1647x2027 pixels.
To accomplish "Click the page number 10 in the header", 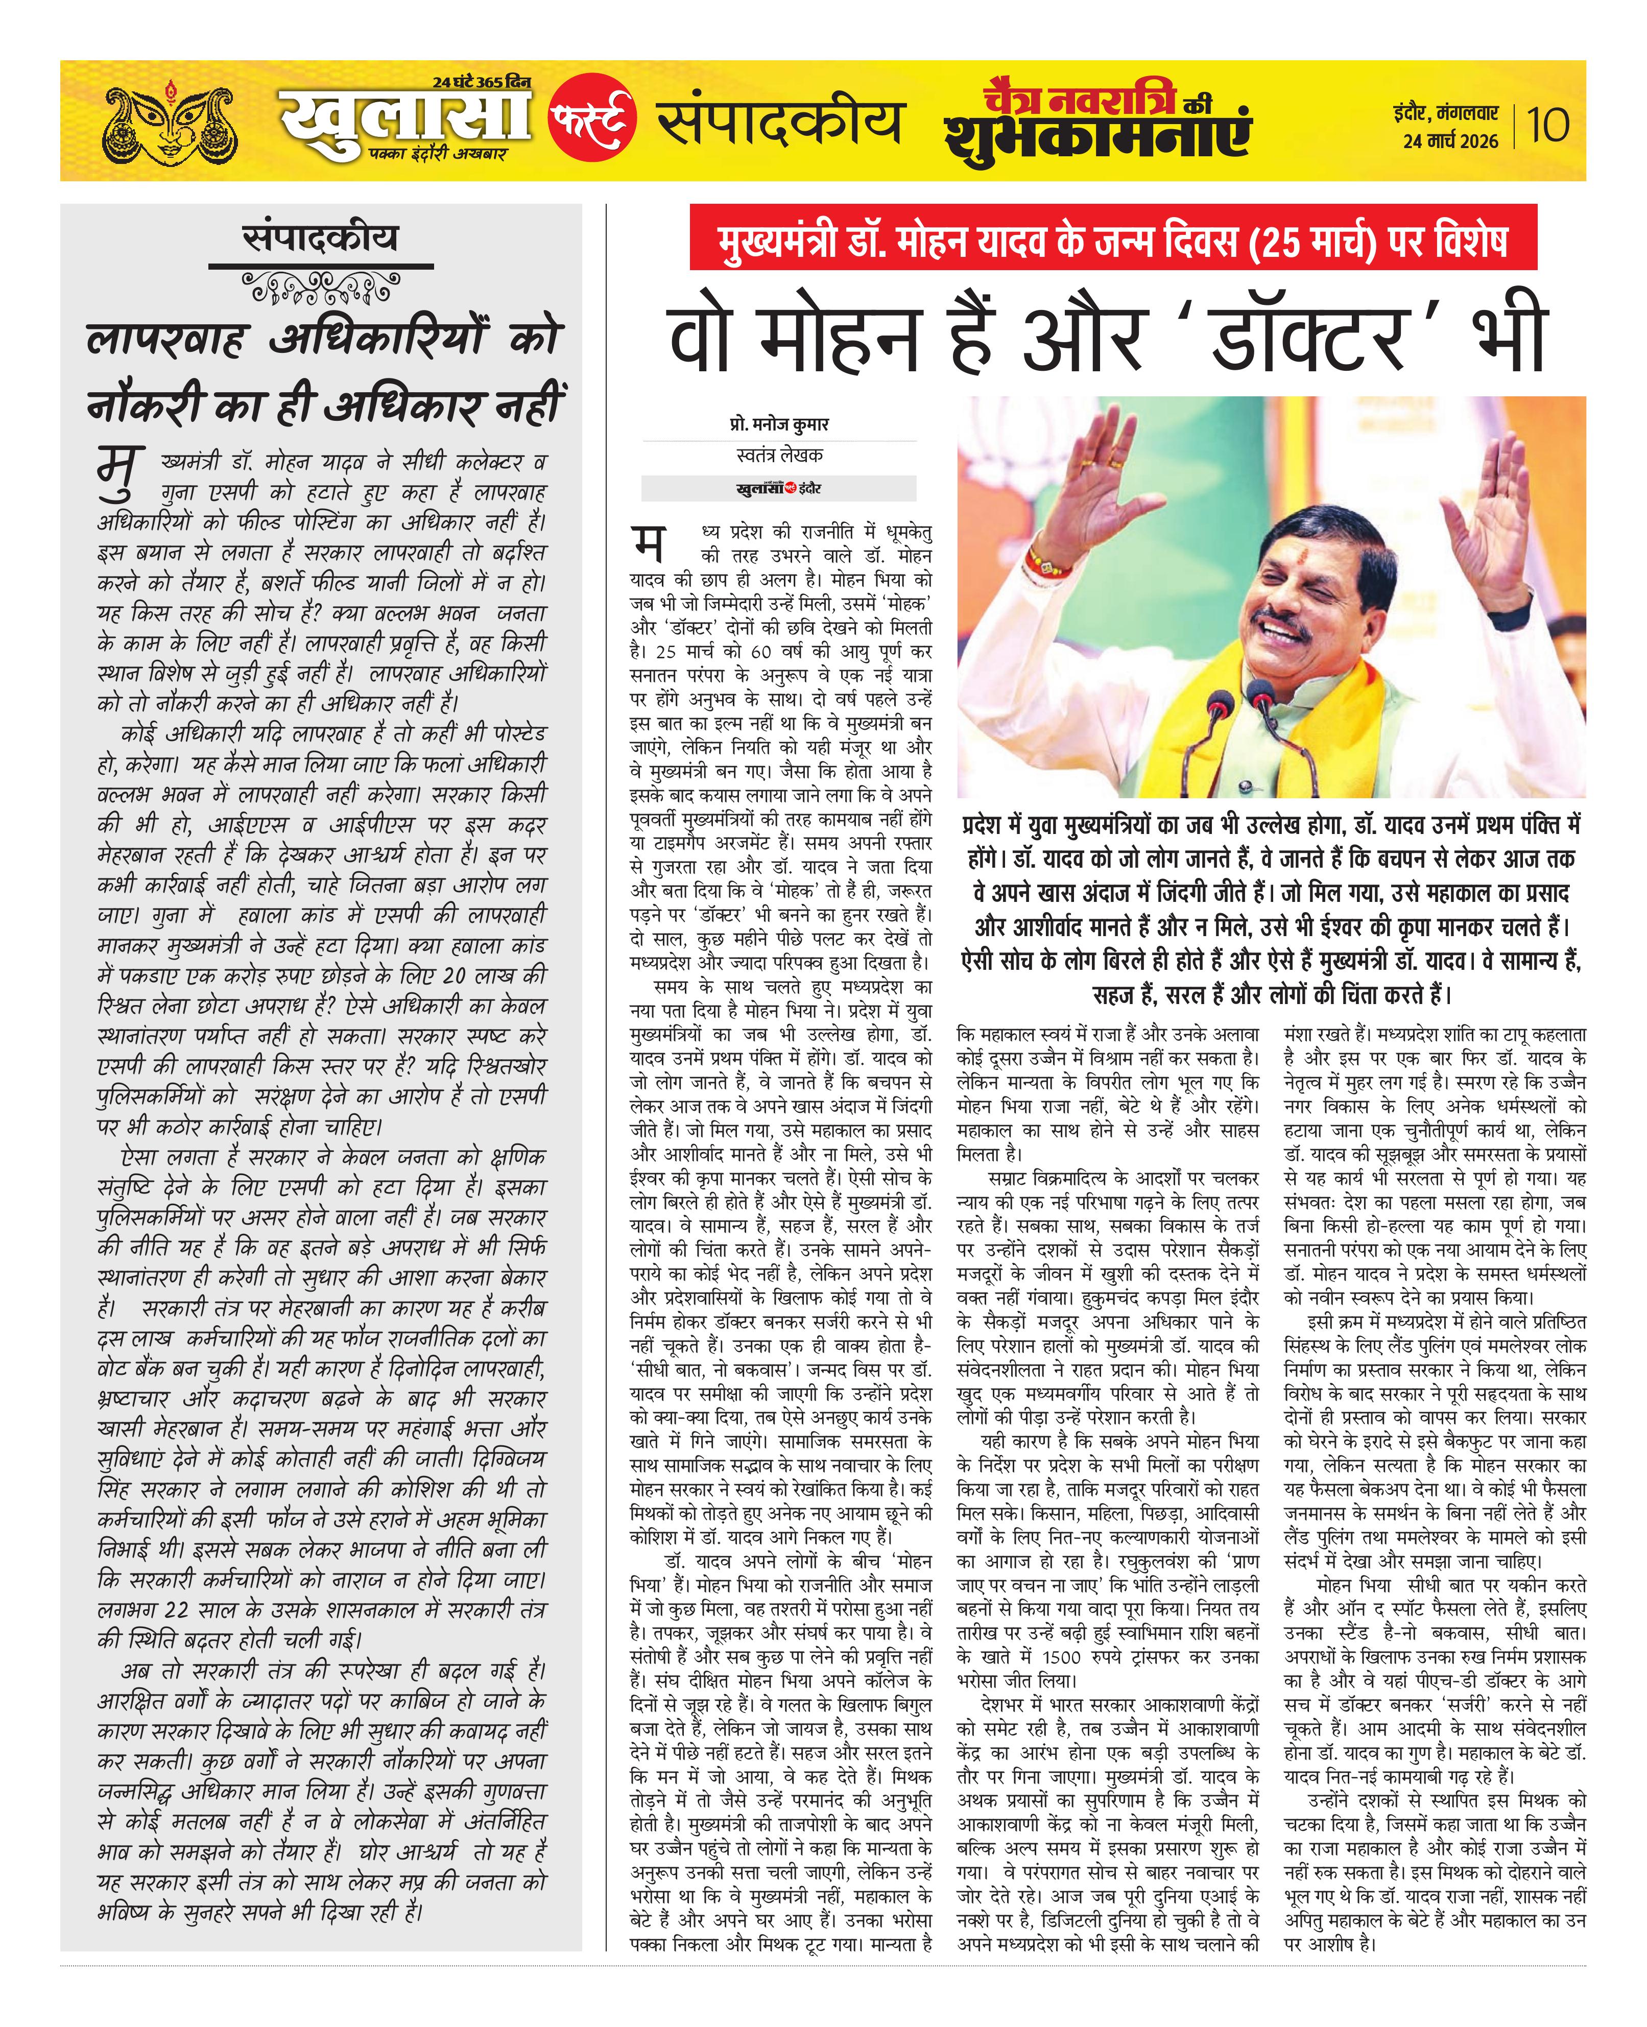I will click(x=1548, y=124).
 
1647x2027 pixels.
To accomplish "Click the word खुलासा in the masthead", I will click(x=406, y=123).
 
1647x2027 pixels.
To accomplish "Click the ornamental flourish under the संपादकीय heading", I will click(x=321, y=287).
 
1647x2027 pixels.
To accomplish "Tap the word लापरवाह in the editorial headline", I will click(x=166, y=339).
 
